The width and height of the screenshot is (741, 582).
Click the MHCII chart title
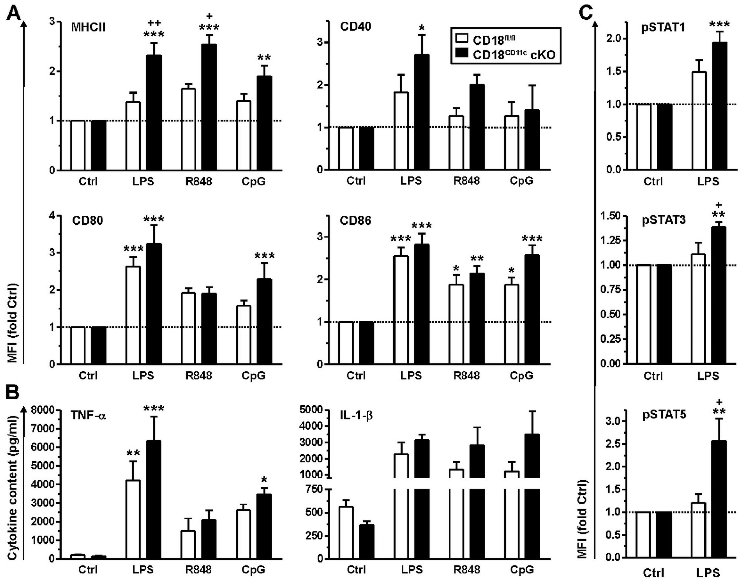click(x=88, y=27)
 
